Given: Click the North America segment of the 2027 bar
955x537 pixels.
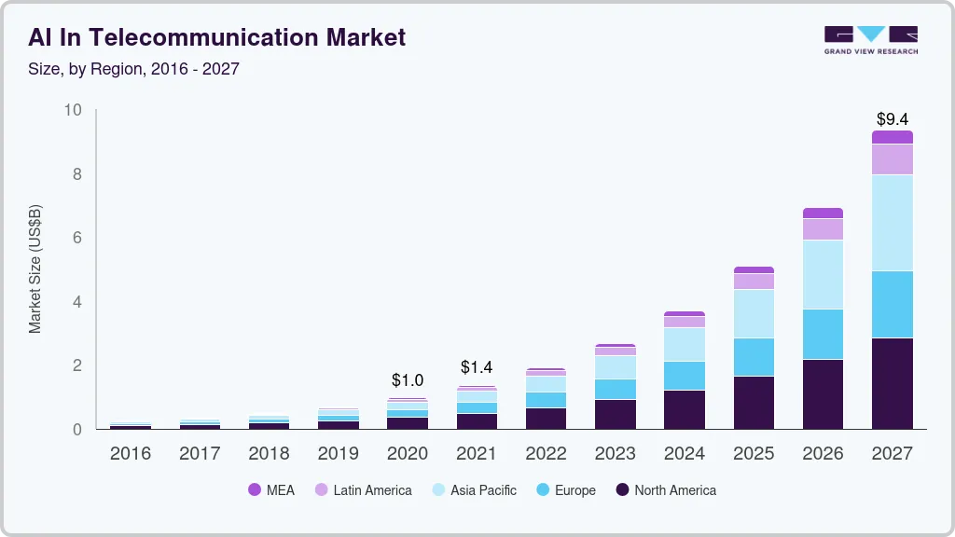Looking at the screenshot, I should [893, 383].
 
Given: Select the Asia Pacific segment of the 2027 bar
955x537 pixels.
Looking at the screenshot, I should [893, 223].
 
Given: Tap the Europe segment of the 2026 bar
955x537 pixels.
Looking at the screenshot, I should [823, 334].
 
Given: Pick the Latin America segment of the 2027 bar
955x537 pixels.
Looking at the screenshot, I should [893, 159].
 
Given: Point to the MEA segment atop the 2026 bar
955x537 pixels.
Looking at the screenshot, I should [823, 213].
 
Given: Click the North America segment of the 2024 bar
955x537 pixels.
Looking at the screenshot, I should [685, 409].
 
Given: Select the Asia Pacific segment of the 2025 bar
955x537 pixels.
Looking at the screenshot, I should [754, 313].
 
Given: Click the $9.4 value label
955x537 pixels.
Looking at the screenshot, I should [893, 119].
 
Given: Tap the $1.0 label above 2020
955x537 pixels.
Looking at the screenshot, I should [408, 380].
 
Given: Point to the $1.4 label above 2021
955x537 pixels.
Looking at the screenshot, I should [477, 367].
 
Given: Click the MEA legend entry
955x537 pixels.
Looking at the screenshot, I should [271, 490].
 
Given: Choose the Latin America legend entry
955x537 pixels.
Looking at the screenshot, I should [363, 490].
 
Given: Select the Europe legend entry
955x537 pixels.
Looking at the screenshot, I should [564, 490].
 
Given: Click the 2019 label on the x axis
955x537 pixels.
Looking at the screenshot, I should [339, 454].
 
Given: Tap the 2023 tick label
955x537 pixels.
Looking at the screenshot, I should [616, 454].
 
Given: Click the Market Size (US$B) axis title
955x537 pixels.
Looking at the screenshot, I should [35, 269].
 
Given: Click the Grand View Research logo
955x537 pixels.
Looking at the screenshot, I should [870, 39].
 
